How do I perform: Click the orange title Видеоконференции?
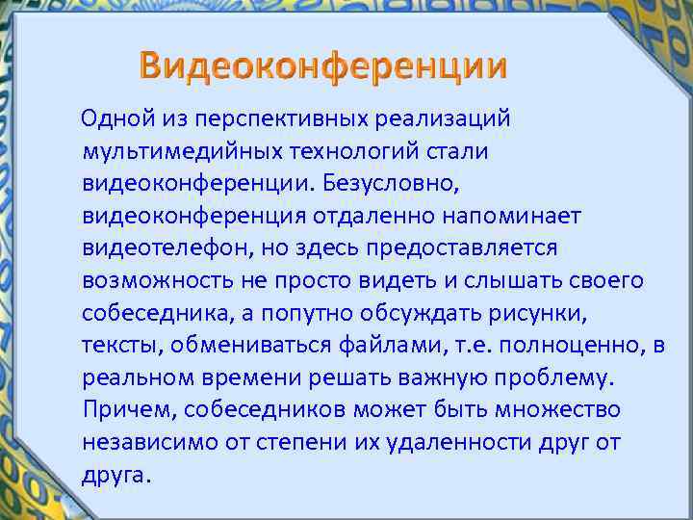322,66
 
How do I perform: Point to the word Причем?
120,410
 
